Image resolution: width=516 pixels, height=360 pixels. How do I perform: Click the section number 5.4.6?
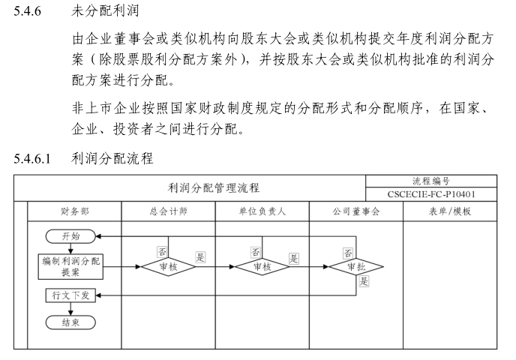30,13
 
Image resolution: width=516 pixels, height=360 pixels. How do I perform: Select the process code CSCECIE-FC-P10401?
432,195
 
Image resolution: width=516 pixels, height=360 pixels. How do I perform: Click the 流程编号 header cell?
432,181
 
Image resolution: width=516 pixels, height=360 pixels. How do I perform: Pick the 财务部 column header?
74,211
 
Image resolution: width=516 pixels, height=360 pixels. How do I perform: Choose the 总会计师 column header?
168,211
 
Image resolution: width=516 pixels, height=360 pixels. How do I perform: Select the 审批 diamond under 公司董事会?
356,266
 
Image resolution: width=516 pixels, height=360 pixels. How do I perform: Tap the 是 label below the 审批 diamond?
364,282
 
